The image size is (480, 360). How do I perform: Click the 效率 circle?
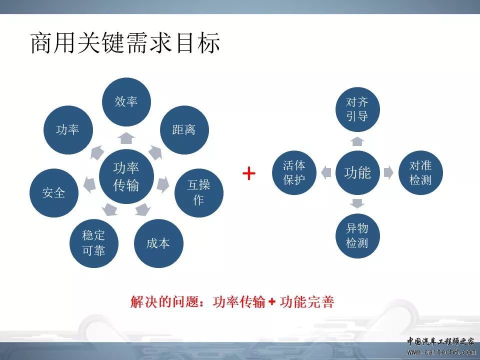(x=126, y=102)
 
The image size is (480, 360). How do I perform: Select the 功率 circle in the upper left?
(x=68, y=130)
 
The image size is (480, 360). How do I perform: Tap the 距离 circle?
(x=184, y=130)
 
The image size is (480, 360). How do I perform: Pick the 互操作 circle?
(x=199, y=193)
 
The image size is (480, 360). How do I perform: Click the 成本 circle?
(x=158, y=243)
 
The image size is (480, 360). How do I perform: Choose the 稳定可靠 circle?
(x=94, y=243)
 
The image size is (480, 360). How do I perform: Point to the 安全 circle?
(x=54, y=193)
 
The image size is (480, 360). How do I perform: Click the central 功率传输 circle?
(x=126, y=176)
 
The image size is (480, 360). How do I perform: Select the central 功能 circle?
(x=357, y=172)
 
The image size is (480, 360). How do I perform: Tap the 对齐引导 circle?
(x=357, y=109)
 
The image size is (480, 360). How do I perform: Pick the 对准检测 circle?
(x=420, y=172)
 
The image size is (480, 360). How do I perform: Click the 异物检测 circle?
(x=357, y=235)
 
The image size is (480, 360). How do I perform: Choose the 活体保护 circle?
(x=294, y=172)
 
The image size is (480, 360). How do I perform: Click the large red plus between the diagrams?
(x=249, y=173)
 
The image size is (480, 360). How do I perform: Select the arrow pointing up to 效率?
(x=126, y=138)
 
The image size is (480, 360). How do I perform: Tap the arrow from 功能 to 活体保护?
(x=326, y=172)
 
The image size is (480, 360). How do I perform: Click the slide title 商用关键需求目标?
(x=125, y=42)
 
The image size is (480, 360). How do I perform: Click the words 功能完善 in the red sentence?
(x=306, y=302)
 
